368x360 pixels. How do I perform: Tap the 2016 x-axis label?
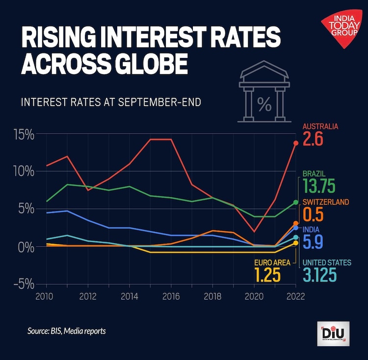171,296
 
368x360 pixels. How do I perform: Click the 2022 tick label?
295,296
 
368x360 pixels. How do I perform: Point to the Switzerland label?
326,202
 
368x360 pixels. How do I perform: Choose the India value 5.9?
315,242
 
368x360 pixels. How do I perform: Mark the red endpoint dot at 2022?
296,143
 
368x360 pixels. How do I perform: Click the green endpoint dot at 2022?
296,202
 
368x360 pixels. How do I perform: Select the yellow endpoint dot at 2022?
296,243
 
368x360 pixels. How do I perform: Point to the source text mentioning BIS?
66,331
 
